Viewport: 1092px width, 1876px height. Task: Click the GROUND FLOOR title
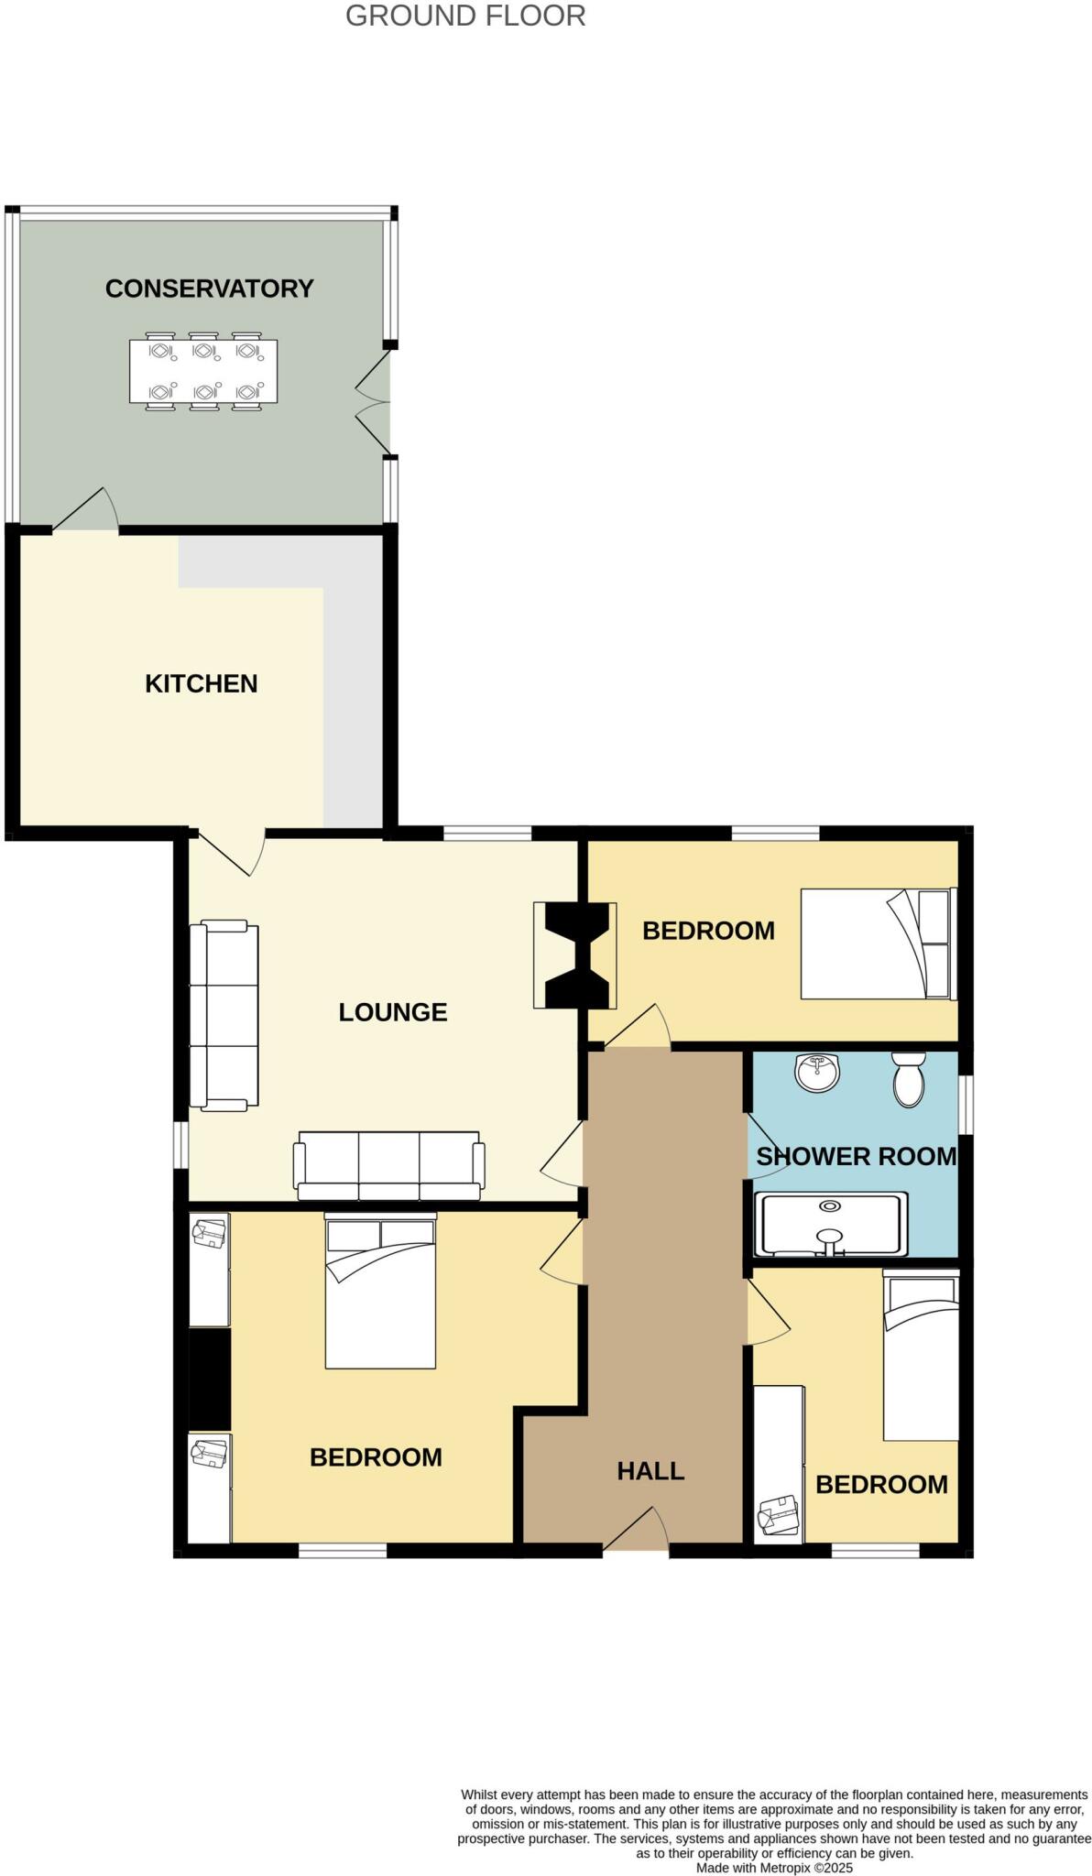click(465, 16)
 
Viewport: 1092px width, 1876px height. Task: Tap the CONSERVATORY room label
click(209, 289)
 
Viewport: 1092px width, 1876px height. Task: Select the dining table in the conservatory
click(203, 371)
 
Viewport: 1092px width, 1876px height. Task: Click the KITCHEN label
click(201, 683)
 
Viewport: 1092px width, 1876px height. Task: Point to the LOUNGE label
click(392, 1012)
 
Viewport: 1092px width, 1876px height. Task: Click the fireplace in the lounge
click(576, 955)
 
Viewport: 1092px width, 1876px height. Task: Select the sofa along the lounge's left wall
click(224, 1017)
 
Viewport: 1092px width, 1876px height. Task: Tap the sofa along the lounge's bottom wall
click(388, 1165)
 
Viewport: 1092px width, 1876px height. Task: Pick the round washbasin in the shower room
click(817, 1073)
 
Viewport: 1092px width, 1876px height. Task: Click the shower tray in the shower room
click(831, 1225)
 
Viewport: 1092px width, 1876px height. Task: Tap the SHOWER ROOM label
click(856, 1157)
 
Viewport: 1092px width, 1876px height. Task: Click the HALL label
click(650, 1471)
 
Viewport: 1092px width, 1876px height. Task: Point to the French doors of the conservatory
click(374, 400)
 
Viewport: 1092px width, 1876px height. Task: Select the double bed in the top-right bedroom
click(878, 943)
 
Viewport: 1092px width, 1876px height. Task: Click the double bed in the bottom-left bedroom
click(380, 1291)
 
